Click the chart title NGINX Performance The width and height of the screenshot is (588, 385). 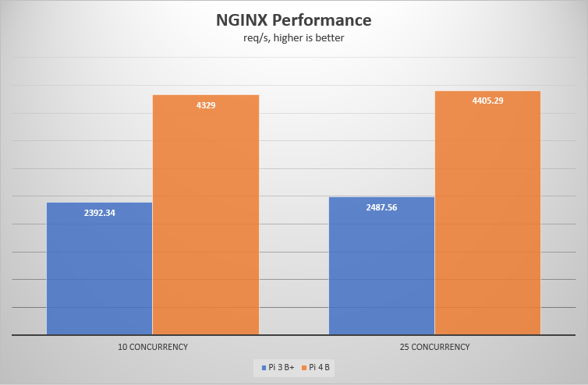tap(294, 20)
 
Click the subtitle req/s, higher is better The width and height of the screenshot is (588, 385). tap(294, 37)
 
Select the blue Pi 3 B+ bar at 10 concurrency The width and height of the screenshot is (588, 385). tap(99, 273)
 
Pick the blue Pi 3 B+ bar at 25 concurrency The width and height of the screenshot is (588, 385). tap(381, 269)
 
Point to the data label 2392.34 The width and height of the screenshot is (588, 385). tap(99, 213)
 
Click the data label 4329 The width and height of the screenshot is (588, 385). tap(205, 104)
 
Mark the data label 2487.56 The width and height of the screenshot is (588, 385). tap(381, 207)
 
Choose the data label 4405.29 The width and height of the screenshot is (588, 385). tap(487, 101)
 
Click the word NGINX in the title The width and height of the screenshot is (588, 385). tap(242, 20)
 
